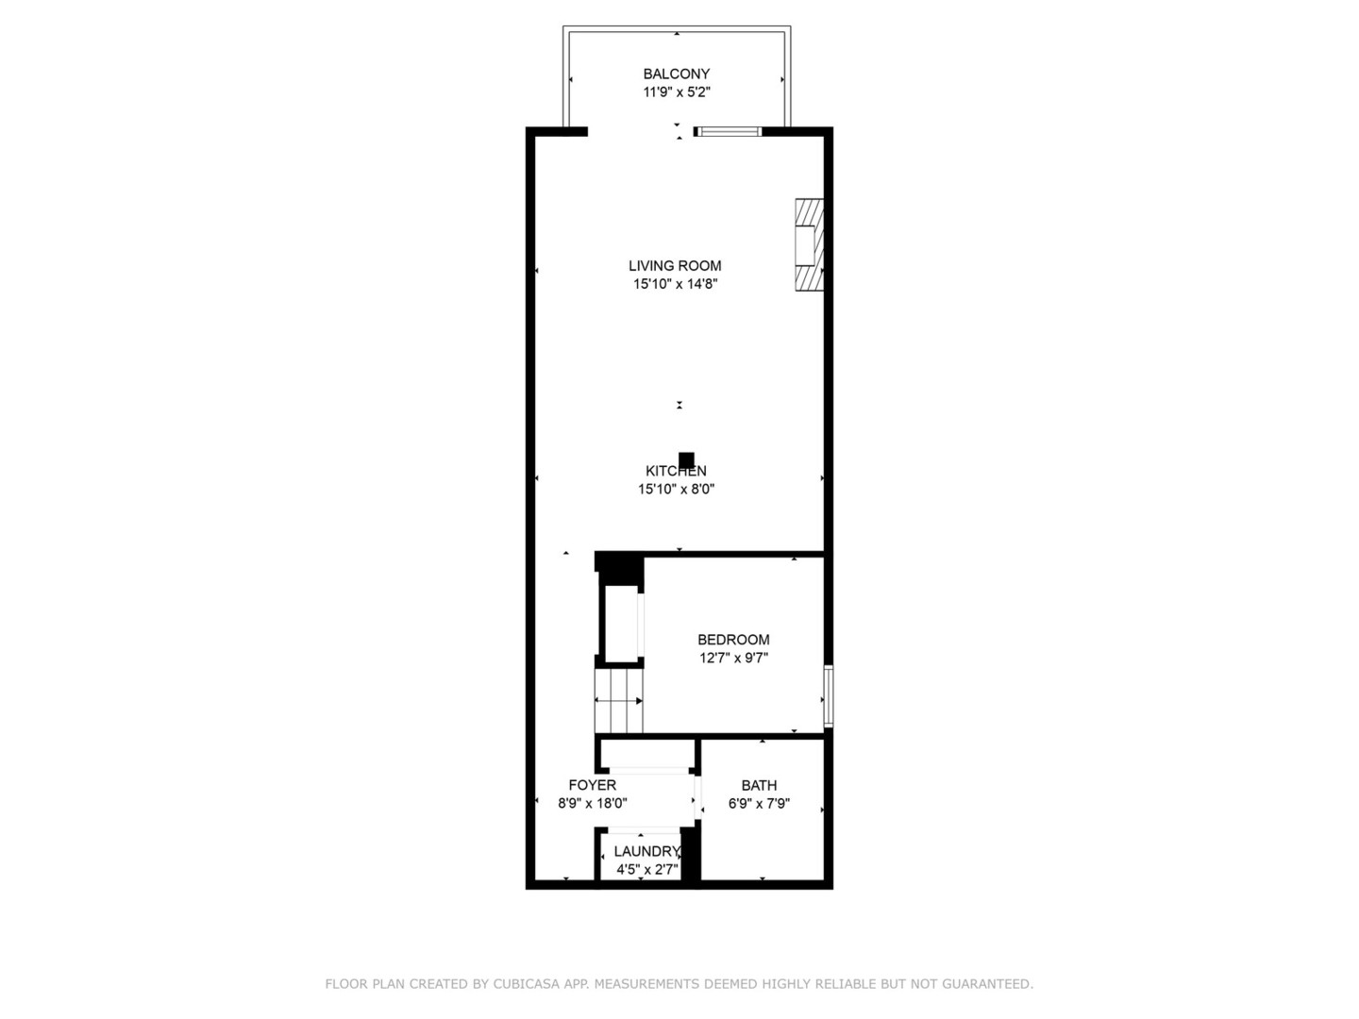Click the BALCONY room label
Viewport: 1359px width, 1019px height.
pos(676,74)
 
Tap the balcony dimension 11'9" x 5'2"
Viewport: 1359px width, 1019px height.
pos(676,92)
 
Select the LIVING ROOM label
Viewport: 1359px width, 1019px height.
pos(675,266)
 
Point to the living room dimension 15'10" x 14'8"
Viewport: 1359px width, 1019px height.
pos(675,284)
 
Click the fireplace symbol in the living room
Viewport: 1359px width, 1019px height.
pos(809,245)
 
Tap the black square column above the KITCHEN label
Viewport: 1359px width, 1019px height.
pos(687,459)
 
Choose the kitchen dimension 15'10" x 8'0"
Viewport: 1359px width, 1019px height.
pos(676,489)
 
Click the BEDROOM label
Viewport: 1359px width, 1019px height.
pos(733,640)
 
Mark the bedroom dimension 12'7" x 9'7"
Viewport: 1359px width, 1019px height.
pos(733,659)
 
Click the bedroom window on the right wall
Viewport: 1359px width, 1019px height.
pos(828,696)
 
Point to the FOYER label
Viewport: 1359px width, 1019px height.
pos(592,785)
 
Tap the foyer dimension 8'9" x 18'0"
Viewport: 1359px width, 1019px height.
pos(592,804)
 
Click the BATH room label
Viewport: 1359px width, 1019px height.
pos(759,785)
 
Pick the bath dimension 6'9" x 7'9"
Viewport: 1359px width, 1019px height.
pos(759,804)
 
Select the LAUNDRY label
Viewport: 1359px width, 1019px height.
pos(646,851)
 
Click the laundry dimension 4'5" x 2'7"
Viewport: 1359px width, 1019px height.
pos(646,869)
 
